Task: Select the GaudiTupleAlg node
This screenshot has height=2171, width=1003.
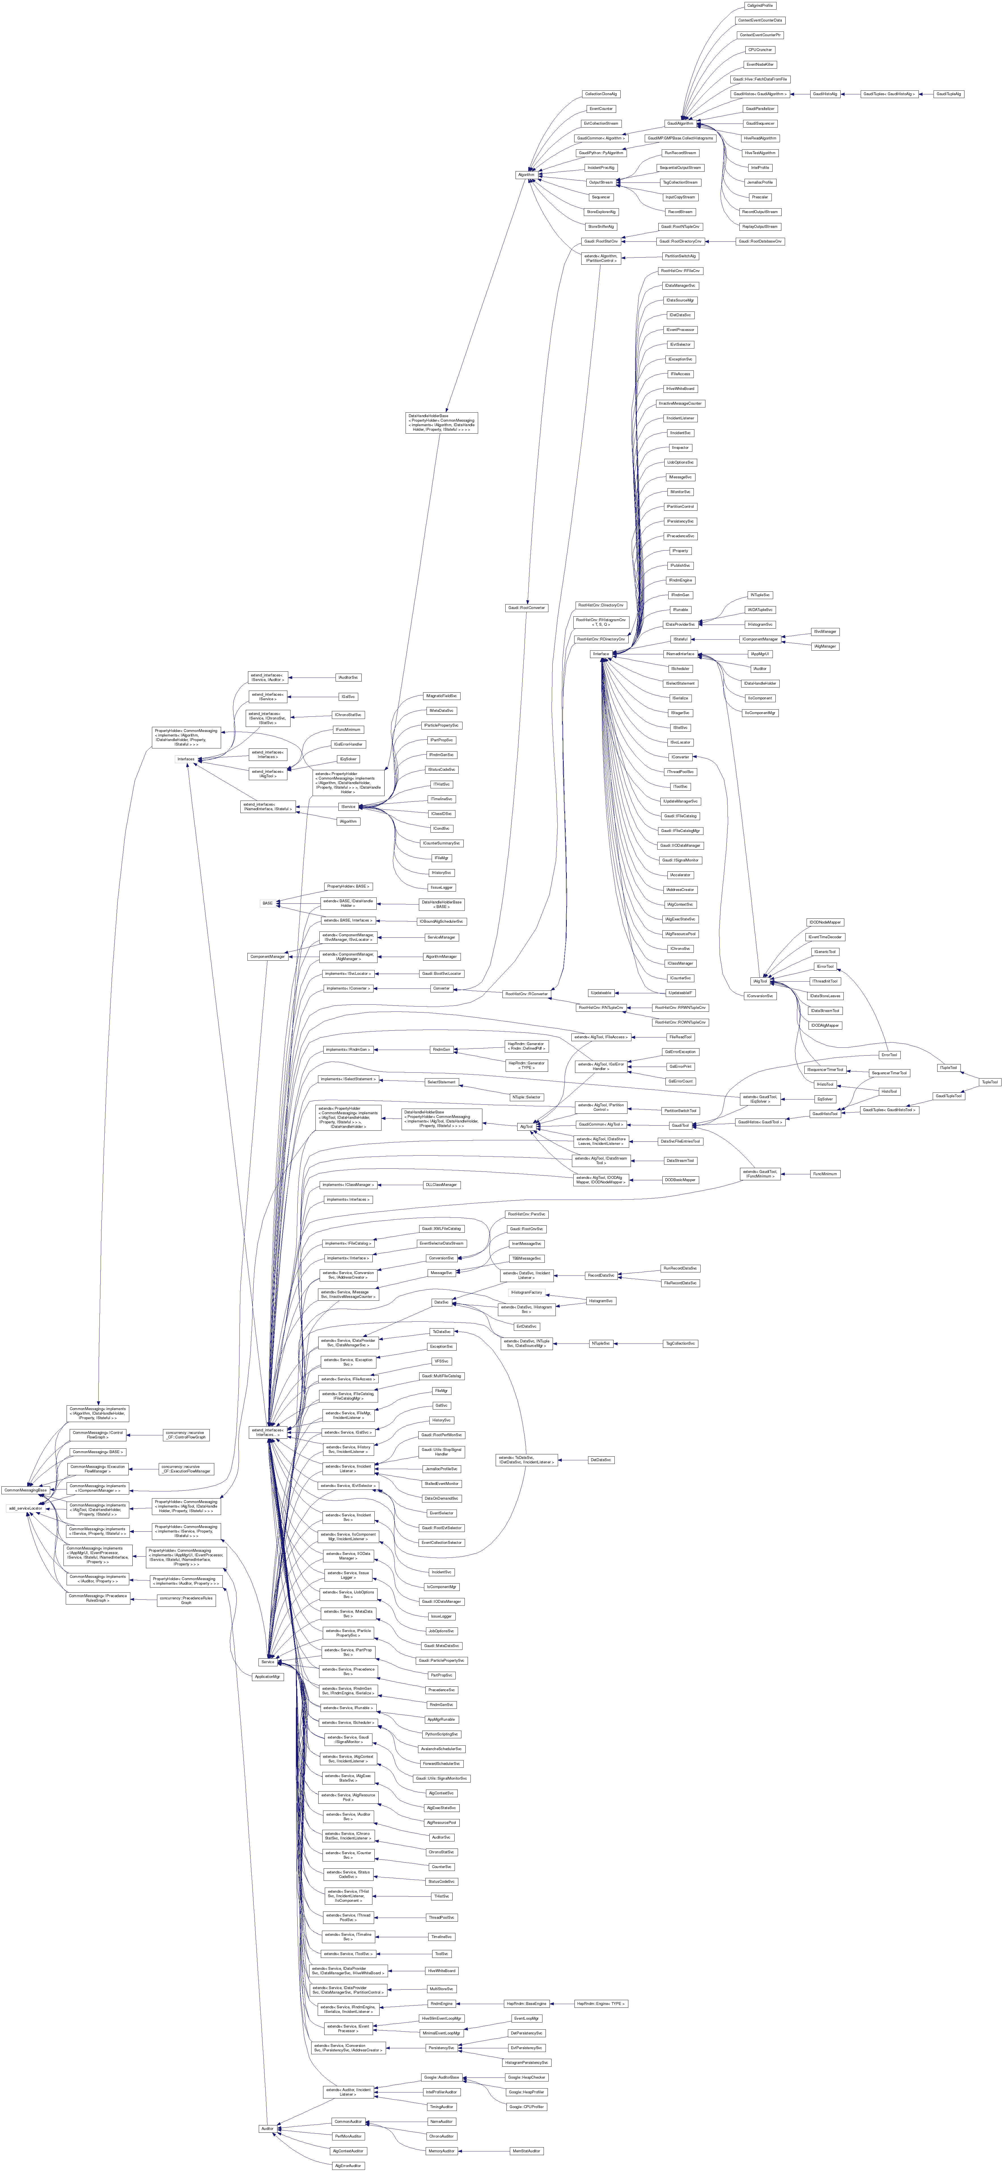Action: [948, 94]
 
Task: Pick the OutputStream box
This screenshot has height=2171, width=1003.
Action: [601, 182]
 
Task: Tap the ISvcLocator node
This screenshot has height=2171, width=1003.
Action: [679, 742]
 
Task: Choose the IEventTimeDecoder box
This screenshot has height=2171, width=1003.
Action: [824, 936]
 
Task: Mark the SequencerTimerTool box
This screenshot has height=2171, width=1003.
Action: [889, 1073]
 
